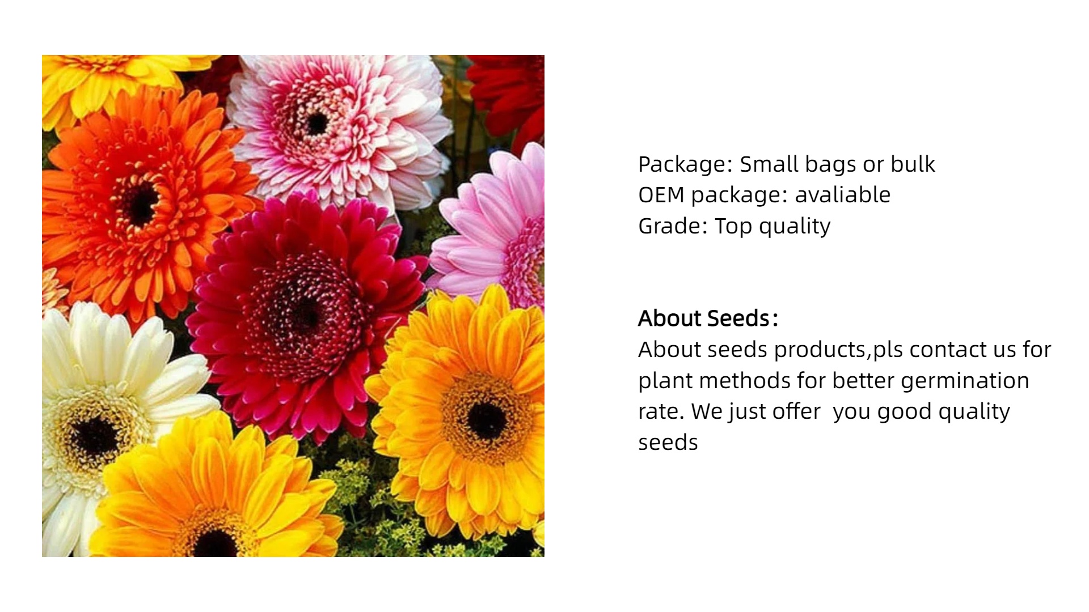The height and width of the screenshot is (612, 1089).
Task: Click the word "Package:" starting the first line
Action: click(x=685, y=164)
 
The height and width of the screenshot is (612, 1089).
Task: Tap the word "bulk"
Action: click(x=913, y=164)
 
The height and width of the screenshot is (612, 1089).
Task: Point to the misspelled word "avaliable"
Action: click(x=843, y=194)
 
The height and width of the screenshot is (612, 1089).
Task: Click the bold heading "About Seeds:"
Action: click(x=708, y=318)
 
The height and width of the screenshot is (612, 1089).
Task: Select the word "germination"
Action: click(x=965, y=381)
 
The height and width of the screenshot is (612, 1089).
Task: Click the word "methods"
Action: click(x=745, y=380)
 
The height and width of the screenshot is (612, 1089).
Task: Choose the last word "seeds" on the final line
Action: click(x=668, y=442)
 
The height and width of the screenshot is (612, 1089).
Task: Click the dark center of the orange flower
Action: click(x=138, y=203)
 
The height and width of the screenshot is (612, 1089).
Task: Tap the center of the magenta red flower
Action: click(x=306, y=315)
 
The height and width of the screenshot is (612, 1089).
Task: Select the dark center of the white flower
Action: click(x=94, y=437)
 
